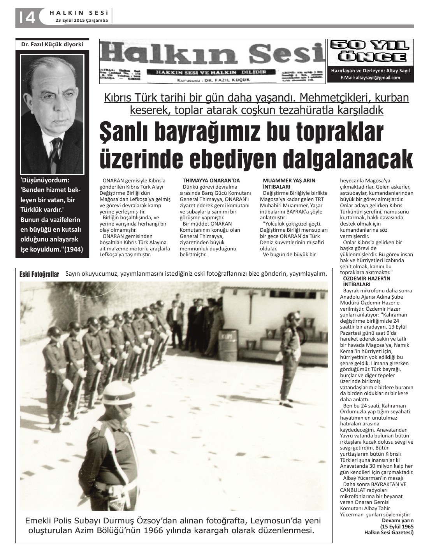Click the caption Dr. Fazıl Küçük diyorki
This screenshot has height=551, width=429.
[52, 44]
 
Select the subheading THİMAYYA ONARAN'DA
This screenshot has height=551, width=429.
[211, 180]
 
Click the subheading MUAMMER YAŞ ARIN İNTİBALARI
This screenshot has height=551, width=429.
[289, 184]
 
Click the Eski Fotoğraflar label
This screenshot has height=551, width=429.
[39, 275]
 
